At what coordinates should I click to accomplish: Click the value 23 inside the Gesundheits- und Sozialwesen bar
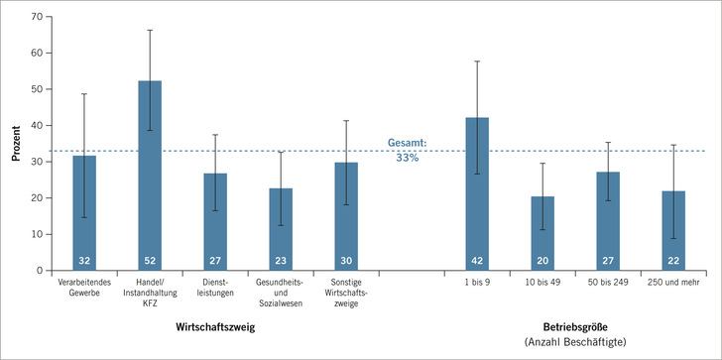pyautogui.click(x=281, y=262)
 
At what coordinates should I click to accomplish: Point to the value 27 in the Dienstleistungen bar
pyautogui.click(x=215, y=262)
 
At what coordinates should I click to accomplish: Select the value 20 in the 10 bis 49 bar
pyautogui.click(x=542, y=262)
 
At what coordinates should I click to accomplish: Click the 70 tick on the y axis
pyautogui.click(x=34, y=17)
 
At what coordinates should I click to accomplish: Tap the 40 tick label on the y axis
pyautogui.click(x=34, y=126)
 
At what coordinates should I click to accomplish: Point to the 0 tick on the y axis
pyautogui.click(x=37, y=271)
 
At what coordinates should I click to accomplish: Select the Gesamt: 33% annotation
pyautogui.click(x=407, y=148)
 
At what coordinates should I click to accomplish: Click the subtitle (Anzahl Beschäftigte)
pyautogui.click(x=574, y=343)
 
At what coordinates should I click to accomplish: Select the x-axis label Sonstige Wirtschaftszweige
pyautogui.click(x=346, y=295)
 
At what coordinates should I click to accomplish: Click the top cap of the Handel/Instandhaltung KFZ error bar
pyautogui.click(x=150, y=30)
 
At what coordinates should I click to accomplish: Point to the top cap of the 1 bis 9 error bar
pyautogui.click(x=477, y=61)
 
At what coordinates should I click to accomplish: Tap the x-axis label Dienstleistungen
pyautogui.click(x=215, y=290)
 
